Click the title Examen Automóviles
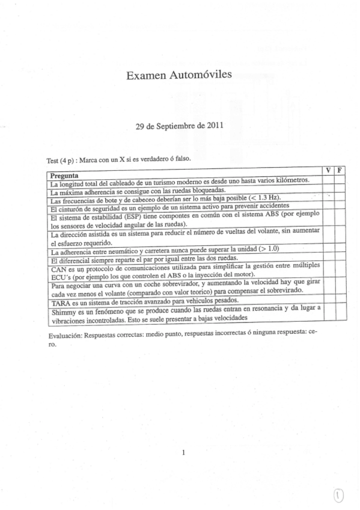click(180, 76)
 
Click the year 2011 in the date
click(215, 127)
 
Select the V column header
click(328, 171)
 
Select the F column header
click(340, 170)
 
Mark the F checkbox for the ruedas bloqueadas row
click(340, 187)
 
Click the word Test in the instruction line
click(53, 161)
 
